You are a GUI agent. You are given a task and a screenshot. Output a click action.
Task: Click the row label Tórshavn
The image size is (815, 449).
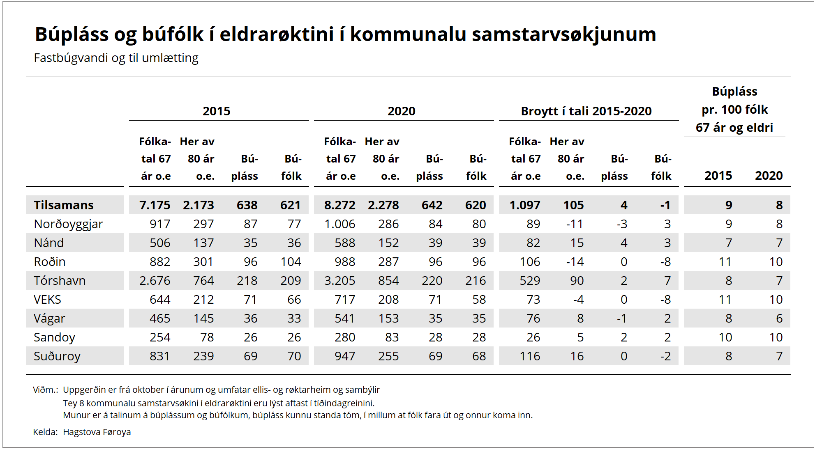click(x=60, y=281)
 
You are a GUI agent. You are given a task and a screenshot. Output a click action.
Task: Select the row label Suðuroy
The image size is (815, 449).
click(x=57, y=356)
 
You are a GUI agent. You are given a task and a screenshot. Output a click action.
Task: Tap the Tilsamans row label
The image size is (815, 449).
click(x=64, y=205)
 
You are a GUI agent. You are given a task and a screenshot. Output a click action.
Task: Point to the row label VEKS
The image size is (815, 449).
click(x=47, y=300)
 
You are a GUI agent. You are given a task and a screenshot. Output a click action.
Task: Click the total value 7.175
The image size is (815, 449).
click(x=155, y=205)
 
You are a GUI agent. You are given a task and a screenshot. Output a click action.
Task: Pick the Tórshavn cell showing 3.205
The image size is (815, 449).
click(x=339, y=281)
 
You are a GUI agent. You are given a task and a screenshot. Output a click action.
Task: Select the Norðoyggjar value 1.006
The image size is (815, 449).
click(x=339, y=224)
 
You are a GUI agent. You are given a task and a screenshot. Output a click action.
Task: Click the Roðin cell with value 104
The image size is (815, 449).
click(x=291, y=262)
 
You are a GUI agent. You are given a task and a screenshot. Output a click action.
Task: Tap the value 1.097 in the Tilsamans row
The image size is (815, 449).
click(x=525, y=205)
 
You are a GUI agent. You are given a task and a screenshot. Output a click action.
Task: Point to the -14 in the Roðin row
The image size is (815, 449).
click(x=575, y=262)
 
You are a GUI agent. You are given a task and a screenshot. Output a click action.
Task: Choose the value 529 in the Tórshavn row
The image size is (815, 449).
click(x=530, y=281)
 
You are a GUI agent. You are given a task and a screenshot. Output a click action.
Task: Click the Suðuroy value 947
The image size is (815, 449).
click(x=345, y=356)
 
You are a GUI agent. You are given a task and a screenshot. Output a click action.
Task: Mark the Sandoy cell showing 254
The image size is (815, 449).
click(x=160, y=337)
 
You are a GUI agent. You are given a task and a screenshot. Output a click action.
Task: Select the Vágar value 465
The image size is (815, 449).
click(x=160, y=318)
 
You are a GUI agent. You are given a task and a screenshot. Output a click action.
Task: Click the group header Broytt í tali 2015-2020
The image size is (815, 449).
click(x=586, y=111)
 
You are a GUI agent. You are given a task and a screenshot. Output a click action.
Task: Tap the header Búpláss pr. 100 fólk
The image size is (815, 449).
click(x=734, y=109)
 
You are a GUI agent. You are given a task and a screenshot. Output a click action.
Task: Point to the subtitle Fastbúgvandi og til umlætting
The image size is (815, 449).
click(x=116, y=58)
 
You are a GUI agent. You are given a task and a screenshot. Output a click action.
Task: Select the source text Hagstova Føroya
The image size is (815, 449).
click(x=97, y=432)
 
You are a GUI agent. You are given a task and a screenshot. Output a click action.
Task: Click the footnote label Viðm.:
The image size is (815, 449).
click(x=45, y=390)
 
